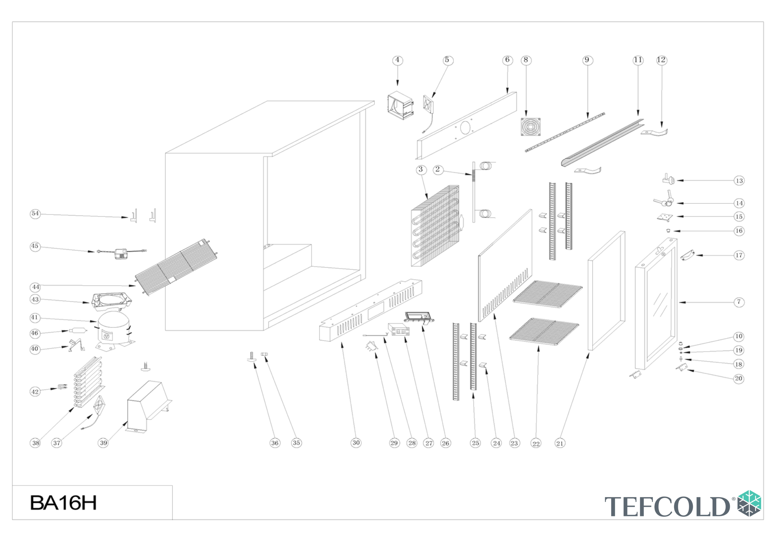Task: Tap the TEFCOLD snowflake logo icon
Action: click(x=749, y=503)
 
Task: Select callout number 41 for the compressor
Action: click(x=35, y=317)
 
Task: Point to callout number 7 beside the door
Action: click(x=739, y=302)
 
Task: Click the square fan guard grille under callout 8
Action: click(x=530, y=127)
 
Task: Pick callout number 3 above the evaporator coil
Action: click(x=421, y=170)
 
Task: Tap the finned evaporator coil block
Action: click(x=435, y=226)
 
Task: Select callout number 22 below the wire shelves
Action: click(x=536, y=443)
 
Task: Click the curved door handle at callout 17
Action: click(x=687, y=255)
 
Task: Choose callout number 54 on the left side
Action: click(x=35, y=214)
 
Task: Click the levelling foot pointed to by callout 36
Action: click(x=252, y=357)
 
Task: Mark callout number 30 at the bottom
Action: click(x=356, y=443)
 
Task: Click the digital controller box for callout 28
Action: click(x=399, y=329)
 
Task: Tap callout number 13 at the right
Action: click(x=739, y=181)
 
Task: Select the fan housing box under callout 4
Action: click(x=400, y=105)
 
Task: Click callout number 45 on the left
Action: click(x=35, y=246)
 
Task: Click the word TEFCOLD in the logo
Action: click(x=667, y=507)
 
